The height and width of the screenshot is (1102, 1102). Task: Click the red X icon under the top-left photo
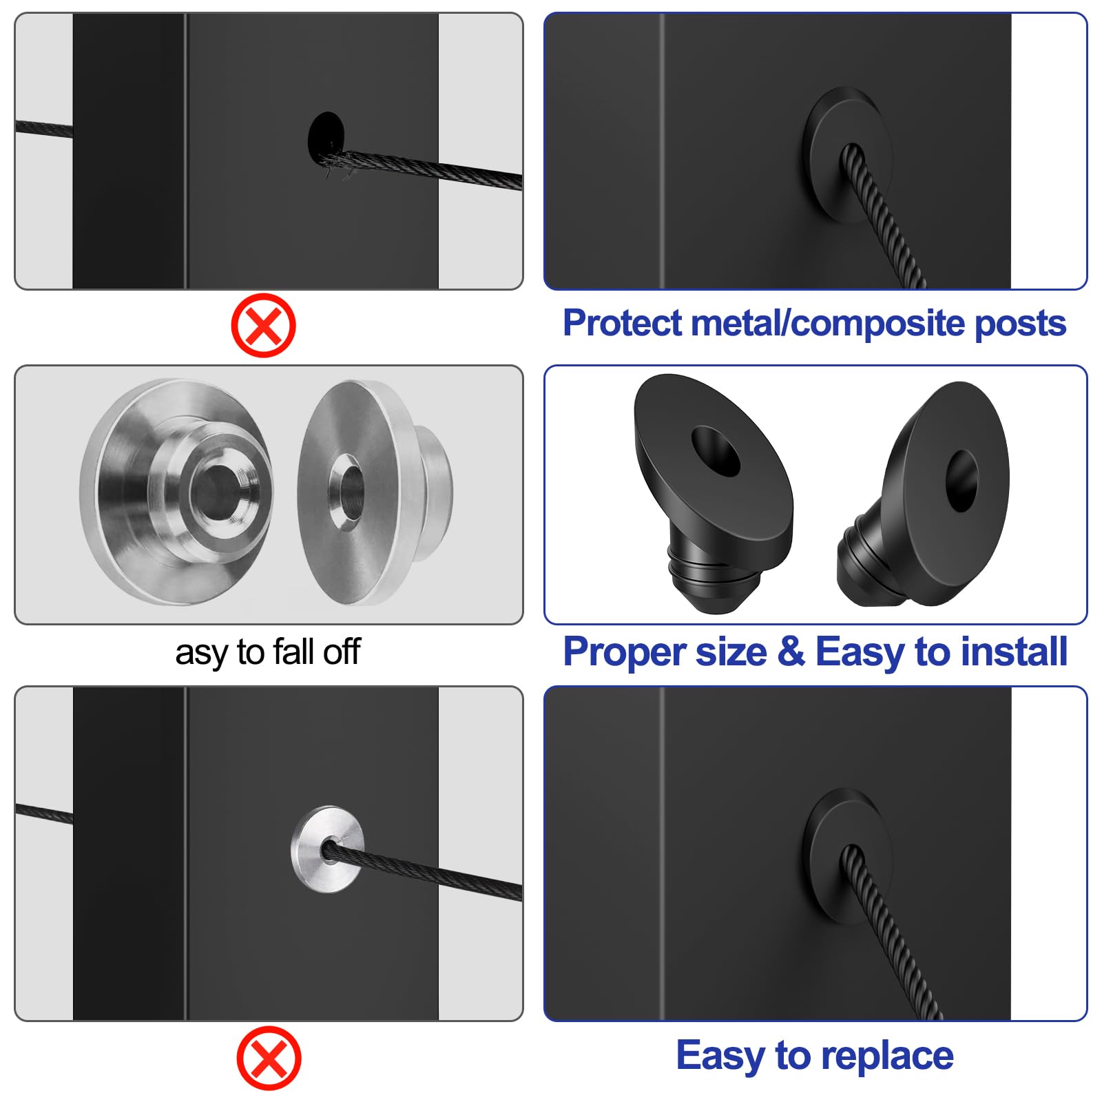pos(263,325)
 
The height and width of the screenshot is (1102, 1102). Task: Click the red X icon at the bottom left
pos(269,1058)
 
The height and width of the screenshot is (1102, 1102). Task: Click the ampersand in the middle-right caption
pos(791,652)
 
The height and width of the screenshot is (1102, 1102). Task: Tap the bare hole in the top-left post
pos(325,134)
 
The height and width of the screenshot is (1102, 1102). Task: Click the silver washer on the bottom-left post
pos(326,849)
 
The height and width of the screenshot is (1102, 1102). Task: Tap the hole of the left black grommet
pos(716,452)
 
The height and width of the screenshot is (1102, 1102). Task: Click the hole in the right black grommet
pos(961,481)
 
